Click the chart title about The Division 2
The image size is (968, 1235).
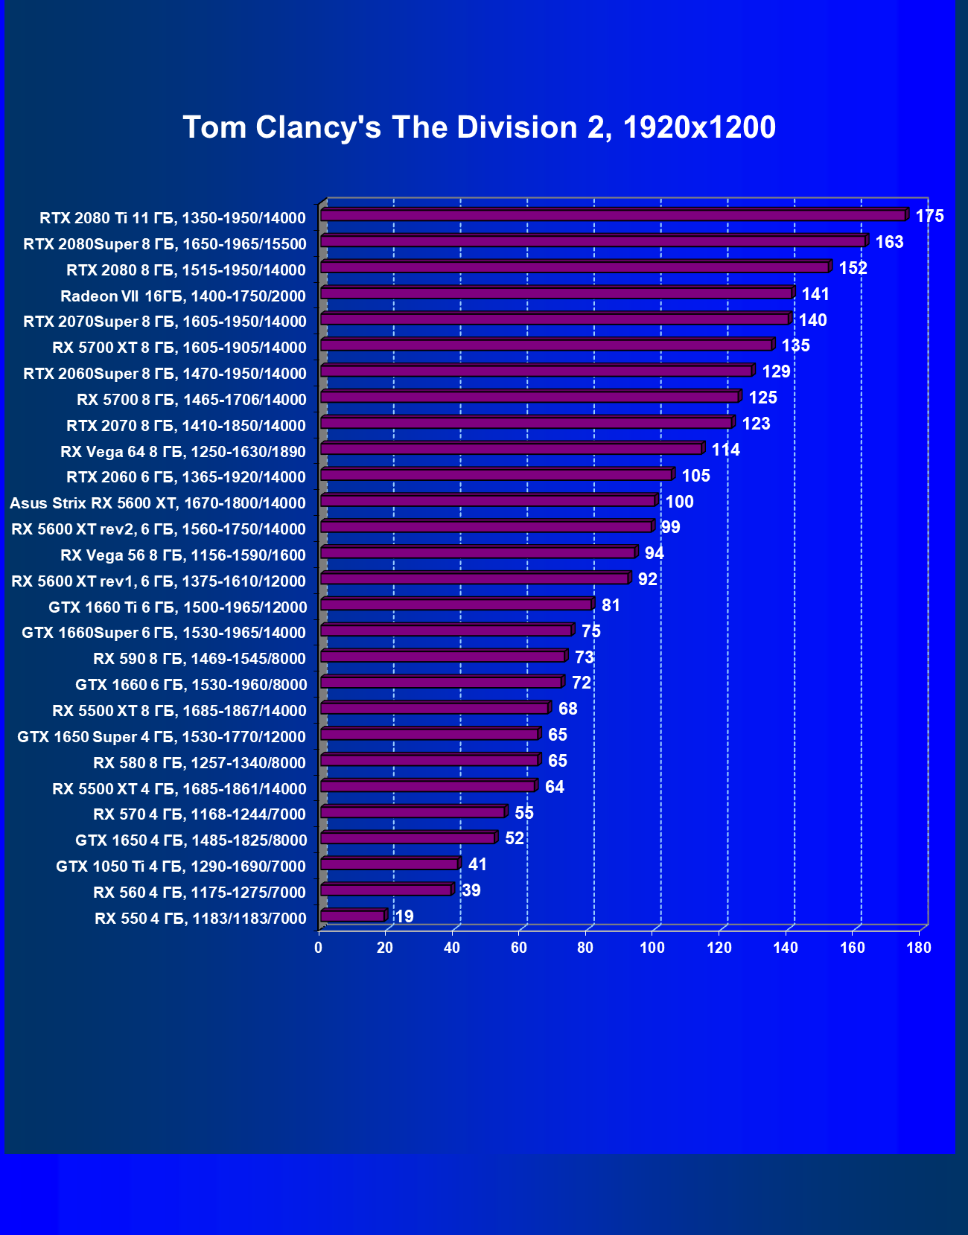479,127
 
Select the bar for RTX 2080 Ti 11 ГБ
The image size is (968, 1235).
613,215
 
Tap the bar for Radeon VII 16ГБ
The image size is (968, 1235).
556,293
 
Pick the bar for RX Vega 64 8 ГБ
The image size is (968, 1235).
512,449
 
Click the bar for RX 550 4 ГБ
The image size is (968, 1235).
353,916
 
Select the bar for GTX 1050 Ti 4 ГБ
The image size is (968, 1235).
389,864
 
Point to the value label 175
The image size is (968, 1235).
929,216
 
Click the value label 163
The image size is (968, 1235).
889,242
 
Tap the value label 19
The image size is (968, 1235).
404,916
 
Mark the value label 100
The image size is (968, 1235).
679,502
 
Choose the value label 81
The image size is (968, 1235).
611,605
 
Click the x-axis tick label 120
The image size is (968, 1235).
719,948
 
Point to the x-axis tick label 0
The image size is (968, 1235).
319,948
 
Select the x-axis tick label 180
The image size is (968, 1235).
919,948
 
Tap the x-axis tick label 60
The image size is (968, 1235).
519,948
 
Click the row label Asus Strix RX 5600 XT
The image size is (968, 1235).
158,503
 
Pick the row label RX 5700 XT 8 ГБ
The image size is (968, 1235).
179,348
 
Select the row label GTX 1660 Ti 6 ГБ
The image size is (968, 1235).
178,607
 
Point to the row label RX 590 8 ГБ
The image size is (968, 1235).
200,659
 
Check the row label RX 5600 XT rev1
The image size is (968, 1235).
159,581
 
